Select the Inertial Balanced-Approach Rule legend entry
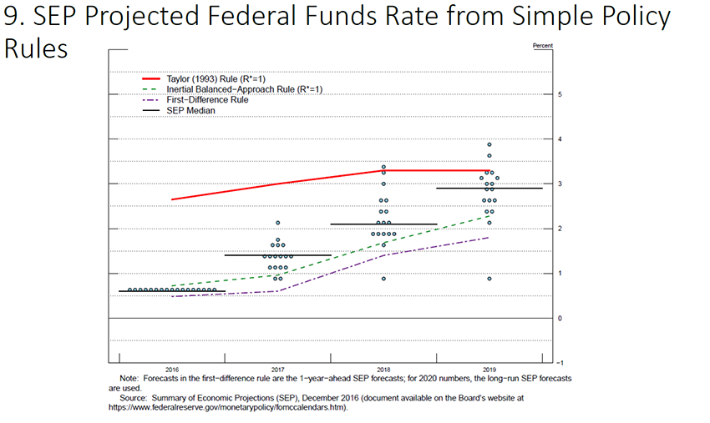[x=221, y=88]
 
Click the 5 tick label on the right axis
[x=559, y=93]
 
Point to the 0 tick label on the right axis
[x=559, y=318]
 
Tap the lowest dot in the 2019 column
[x=489, y=279]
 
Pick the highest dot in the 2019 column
[x=489, y=144]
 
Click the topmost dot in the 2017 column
[x=277, y=223]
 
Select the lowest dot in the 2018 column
[x=383, y=279]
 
